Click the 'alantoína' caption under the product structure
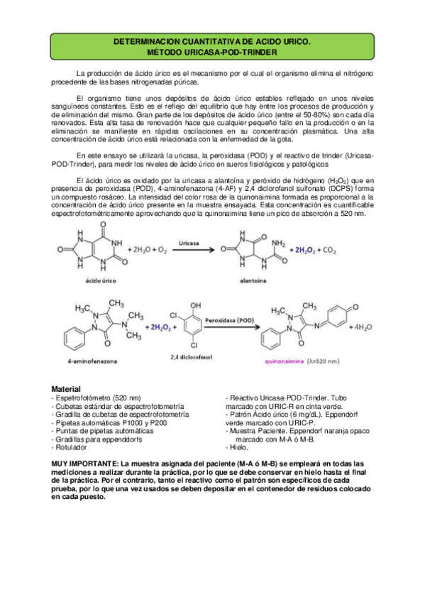click(x=262, y=281)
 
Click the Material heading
click(x=66, y=389)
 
